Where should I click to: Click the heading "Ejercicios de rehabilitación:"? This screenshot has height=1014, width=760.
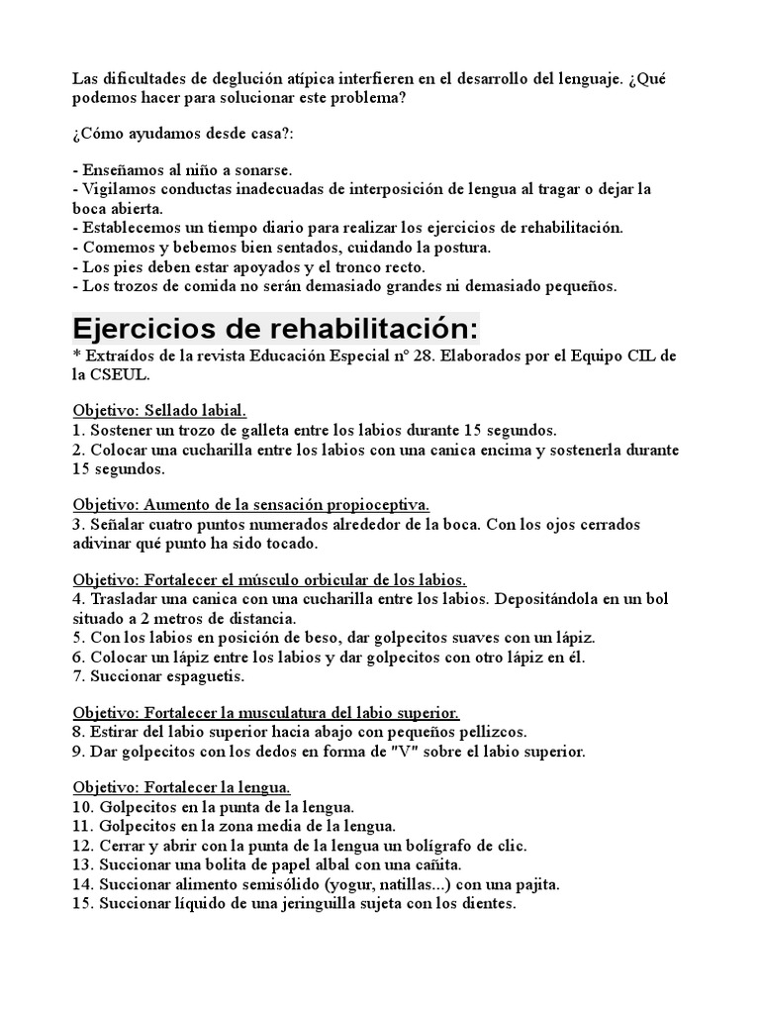(x=274, y=329)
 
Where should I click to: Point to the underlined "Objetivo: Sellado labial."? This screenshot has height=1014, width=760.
(x=159, y=410)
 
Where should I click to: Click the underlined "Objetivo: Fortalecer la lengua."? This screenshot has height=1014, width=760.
(x=182, y=787)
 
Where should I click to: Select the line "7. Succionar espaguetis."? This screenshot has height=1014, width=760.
(x=158, y=676)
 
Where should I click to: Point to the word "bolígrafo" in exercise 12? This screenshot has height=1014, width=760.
(x=420, y=846)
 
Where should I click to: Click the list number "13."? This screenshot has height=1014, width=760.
(x=85, y=864)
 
